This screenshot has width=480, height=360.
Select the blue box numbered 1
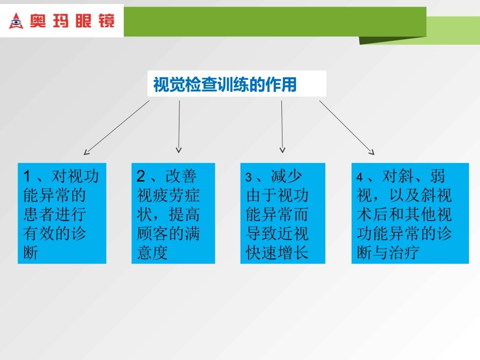click(62, 213)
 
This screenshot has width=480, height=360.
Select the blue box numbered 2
click(173, 213)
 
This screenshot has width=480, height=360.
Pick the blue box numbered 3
click(282, 213)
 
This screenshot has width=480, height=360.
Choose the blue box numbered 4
click(410, 213)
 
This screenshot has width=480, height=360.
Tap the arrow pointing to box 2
click(179, 126)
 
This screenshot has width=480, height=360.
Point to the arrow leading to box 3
click(282, 126)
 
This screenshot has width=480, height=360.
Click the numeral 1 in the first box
click(27, 176)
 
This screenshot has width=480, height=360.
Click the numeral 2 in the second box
click(141, 176)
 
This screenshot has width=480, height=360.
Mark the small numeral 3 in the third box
click(249, 177)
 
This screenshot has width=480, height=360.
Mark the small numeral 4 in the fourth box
click(359, 177)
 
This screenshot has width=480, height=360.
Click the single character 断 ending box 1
click(31, 252)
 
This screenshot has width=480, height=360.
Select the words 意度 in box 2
click(152, 252)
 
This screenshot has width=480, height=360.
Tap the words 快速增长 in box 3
click(277, 252)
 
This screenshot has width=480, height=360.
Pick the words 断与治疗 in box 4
click(388, 252)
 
